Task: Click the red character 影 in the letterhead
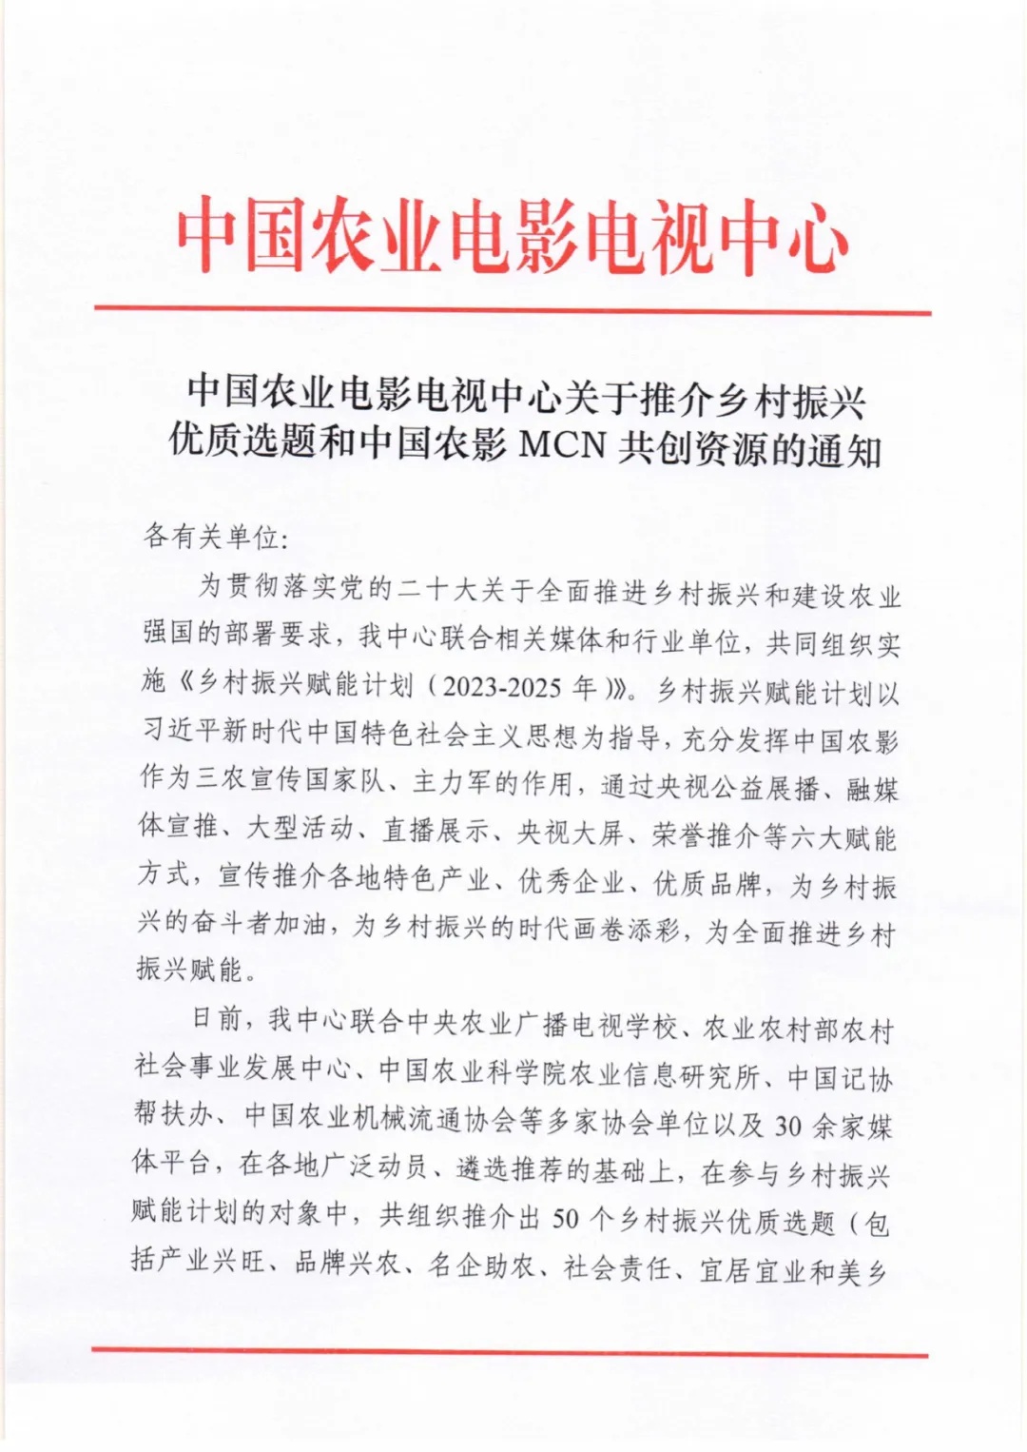click(547, 236)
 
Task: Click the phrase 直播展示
click(436, 831)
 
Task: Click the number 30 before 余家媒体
click(789, 1126)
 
